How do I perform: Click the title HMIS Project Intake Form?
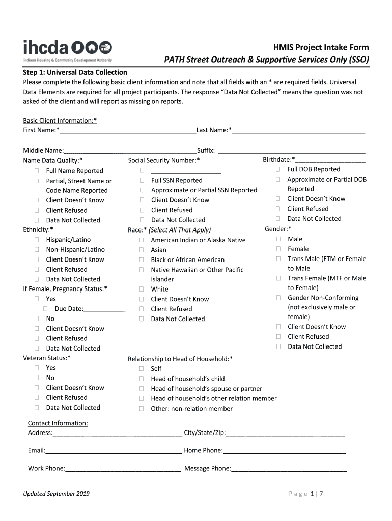point(321,47)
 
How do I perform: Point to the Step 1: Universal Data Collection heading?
point(75,72)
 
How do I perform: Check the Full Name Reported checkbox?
point(37,171)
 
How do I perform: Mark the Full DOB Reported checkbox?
point(278,169)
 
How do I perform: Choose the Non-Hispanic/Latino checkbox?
point(37,249)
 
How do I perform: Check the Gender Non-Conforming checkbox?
point(278,298)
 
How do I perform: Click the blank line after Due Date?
point(104,309)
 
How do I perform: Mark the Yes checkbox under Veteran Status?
point(37,368)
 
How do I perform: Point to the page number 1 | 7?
point(317,494)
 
